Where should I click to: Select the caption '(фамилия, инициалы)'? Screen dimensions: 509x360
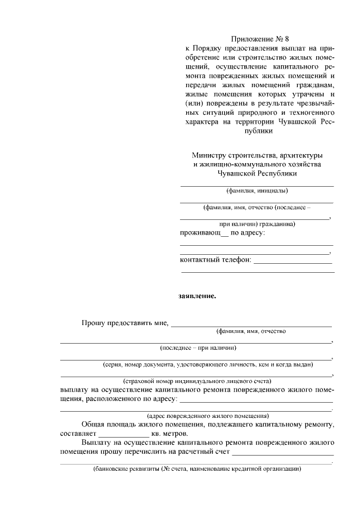(256, 191)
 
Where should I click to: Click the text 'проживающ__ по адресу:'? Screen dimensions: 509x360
(222, 232)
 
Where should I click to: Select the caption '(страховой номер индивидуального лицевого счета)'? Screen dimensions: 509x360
(197, 380)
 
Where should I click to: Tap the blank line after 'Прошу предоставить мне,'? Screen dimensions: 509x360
(251, 325)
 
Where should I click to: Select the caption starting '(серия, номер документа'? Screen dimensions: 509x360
(208, 364)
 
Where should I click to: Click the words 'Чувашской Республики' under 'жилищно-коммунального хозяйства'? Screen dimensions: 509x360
(256, 173)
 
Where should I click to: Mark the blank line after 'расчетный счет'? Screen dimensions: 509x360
(283, 453)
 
